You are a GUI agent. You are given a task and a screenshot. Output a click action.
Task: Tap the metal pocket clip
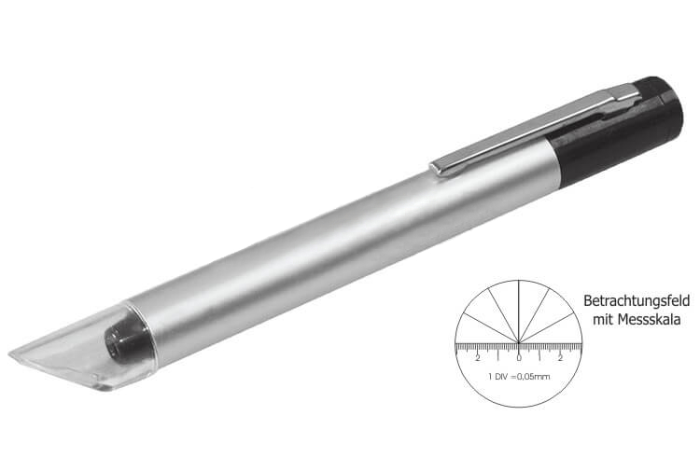(536, 129)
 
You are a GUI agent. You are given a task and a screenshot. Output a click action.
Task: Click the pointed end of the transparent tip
(10, 353)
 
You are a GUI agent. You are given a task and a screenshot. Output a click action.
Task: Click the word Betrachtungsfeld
(637, 301)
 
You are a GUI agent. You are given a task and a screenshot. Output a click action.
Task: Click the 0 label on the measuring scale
(519, 358)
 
